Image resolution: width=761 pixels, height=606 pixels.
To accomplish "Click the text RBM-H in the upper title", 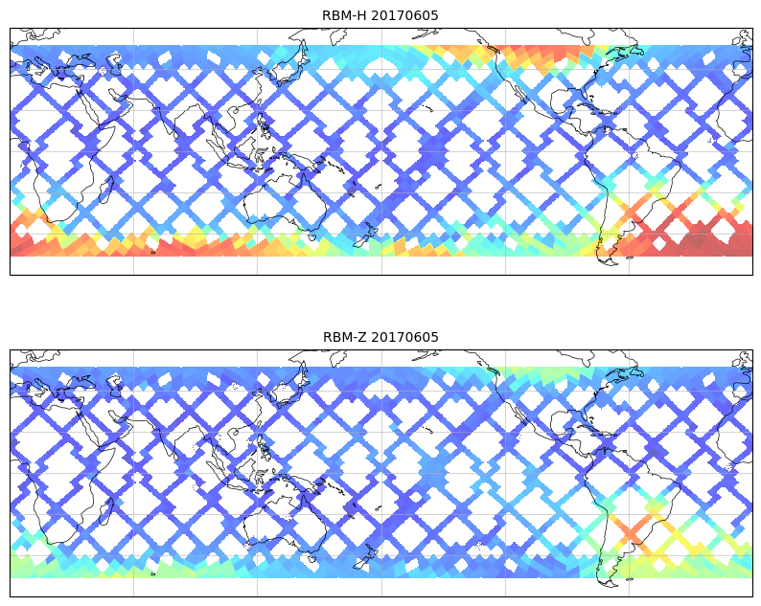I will click(x=343, y=15).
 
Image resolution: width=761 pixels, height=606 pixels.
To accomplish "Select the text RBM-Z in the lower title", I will click(x=344, y=337).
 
